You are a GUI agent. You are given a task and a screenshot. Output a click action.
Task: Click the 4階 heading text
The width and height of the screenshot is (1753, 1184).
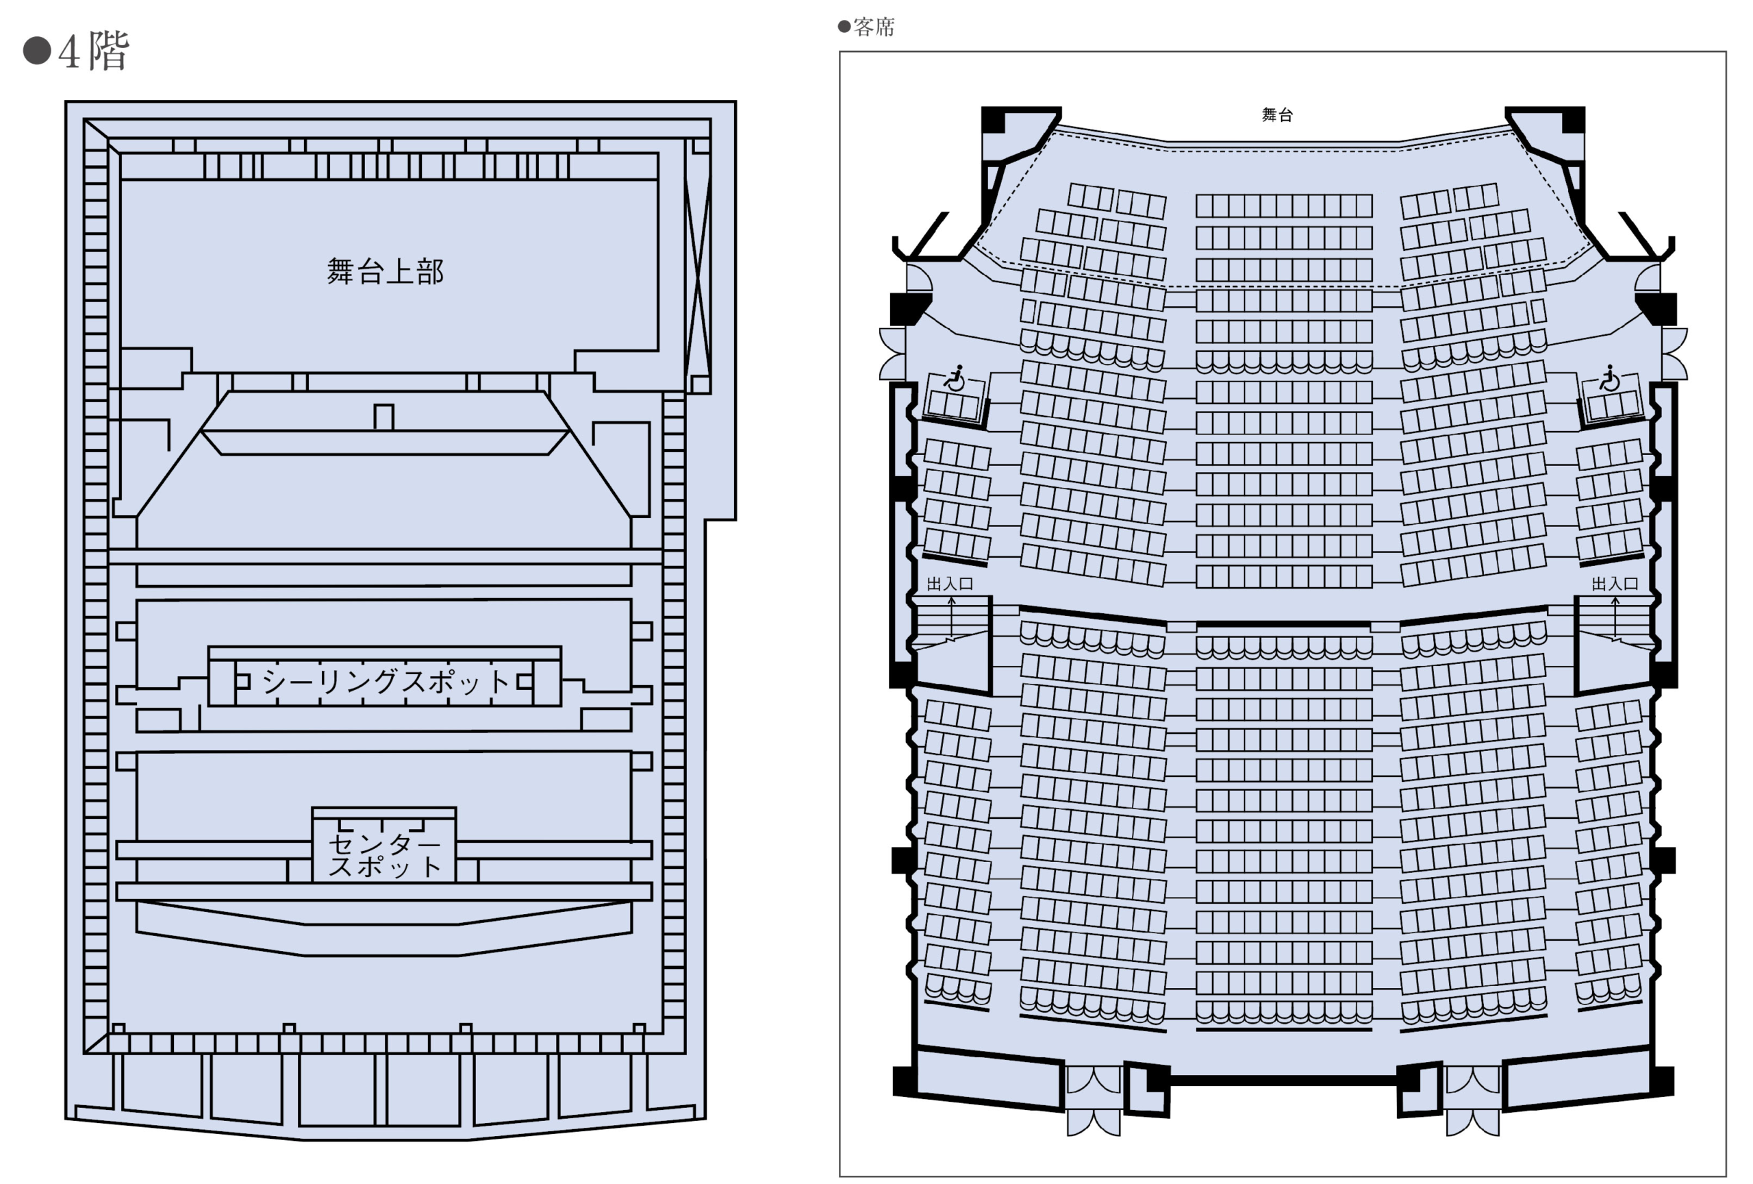point(94,51)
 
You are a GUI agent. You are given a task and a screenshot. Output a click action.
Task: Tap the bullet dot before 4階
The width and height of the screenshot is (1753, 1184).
point(36,51)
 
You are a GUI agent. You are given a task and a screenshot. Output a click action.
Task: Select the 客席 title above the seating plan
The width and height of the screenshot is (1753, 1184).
point(874,27)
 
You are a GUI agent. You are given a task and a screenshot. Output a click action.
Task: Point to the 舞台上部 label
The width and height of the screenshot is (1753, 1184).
point(385,271)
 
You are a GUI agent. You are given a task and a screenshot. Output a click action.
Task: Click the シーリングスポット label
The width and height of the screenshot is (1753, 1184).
point(385,682)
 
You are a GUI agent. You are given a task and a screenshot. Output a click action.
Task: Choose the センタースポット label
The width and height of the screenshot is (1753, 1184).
point(385,854)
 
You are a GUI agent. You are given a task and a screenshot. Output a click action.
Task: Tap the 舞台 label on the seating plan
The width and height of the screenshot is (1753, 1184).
point(1277,114)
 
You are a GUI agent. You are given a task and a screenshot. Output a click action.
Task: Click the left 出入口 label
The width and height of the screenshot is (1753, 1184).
point(950,583)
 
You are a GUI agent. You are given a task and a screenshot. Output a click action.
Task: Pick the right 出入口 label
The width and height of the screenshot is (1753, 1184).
point(1614,583)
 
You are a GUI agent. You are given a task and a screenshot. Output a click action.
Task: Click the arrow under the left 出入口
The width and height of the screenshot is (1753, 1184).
point(952,617)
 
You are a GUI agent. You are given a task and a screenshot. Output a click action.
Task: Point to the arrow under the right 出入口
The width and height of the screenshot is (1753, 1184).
point(1615,617)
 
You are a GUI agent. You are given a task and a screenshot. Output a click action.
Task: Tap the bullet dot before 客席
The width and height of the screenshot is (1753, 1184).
point(844,27)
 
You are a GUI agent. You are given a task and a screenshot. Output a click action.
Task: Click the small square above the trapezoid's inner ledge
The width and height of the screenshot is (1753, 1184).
point(384,417)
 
